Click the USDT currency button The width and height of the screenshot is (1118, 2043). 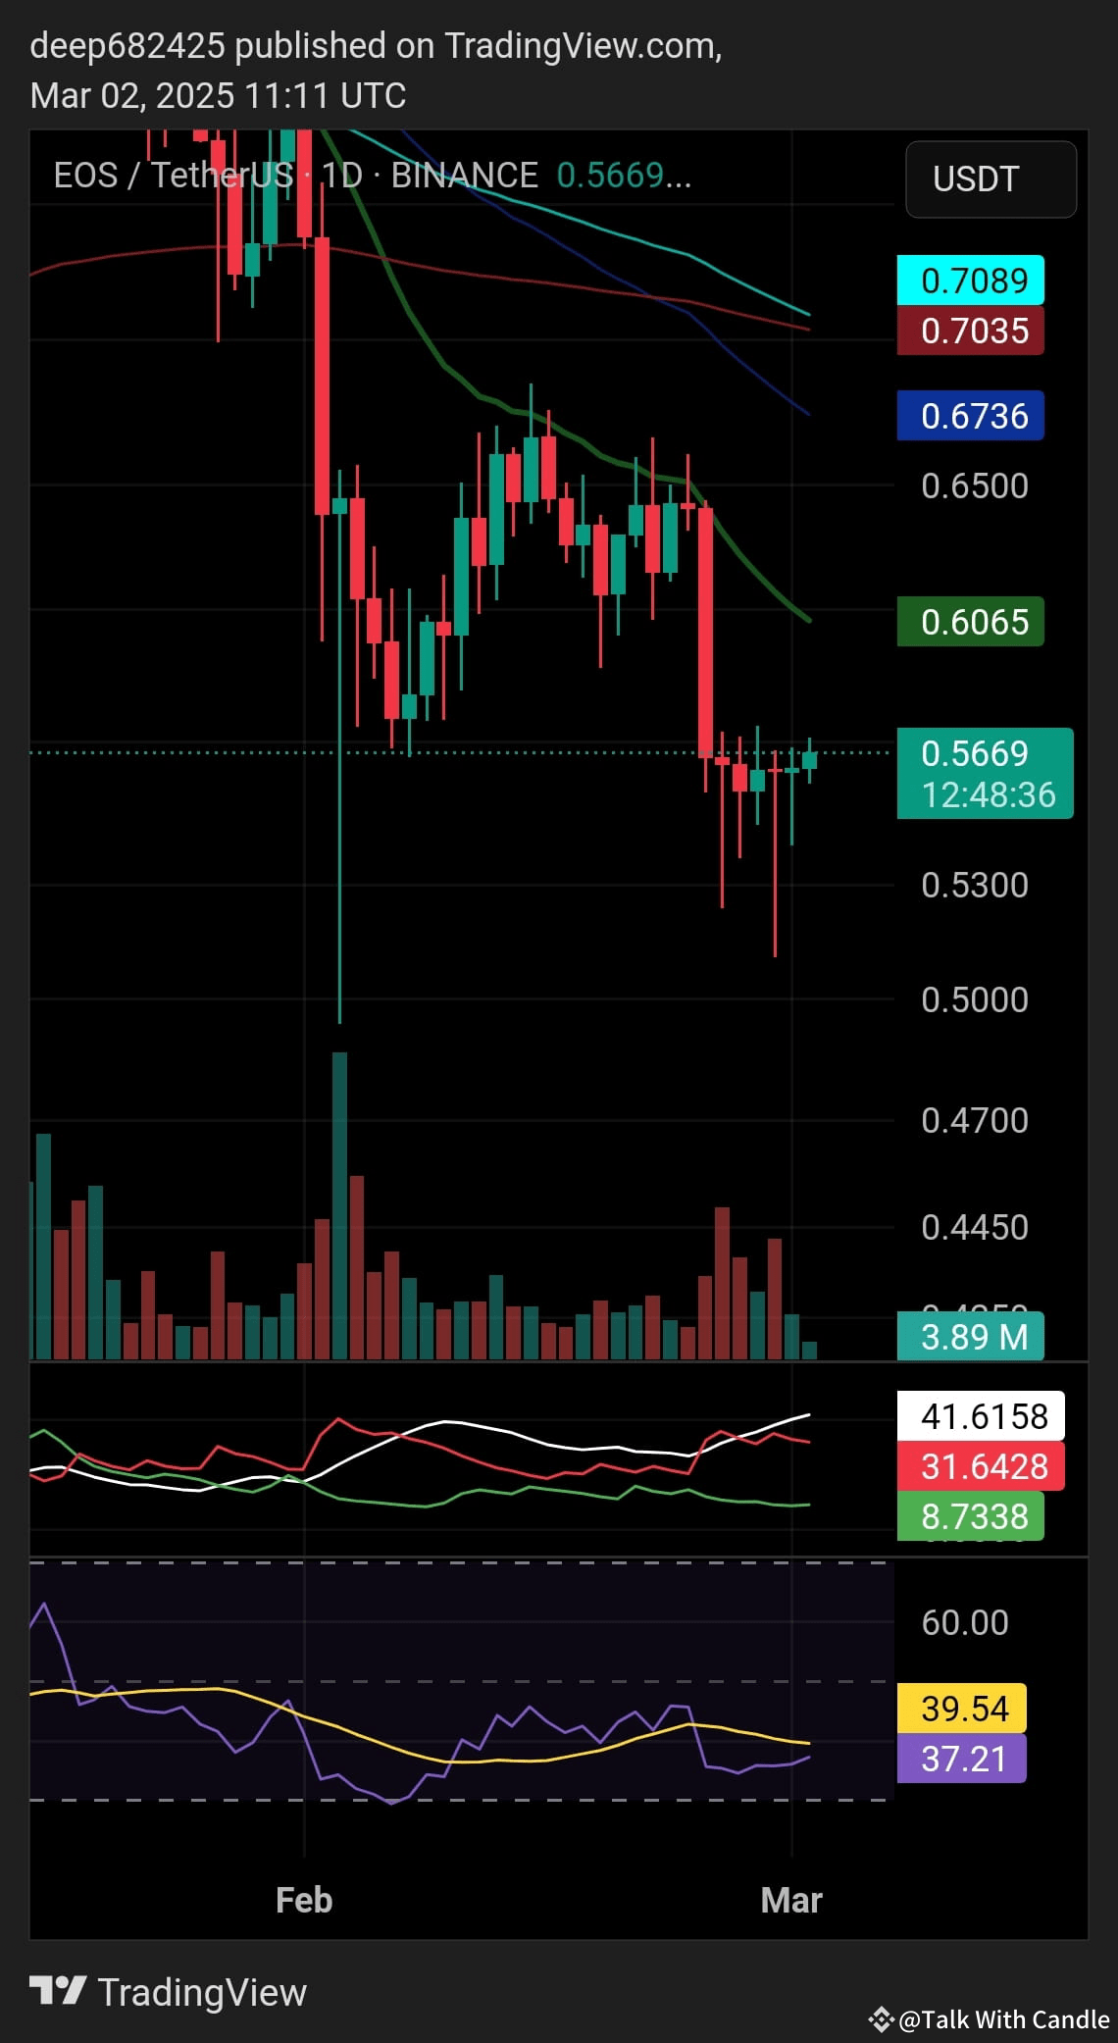(x=991, y=179)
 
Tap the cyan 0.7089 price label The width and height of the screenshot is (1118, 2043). (x=971, y=281)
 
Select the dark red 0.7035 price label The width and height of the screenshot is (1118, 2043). (x=971, y=331)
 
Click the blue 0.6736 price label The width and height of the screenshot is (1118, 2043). (x=971, y=416)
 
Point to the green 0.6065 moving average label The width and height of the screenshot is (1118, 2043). (x=971, y=622)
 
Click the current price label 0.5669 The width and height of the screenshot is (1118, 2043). (x=985, y=754)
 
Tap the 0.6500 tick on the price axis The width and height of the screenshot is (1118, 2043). (x=975, y=485)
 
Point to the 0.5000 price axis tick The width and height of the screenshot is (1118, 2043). (x=975, y=999)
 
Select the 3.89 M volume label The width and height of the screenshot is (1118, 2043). (x=971, y=1337)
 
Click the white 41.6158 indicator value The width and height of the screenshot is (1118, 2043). (x=981, y=1416)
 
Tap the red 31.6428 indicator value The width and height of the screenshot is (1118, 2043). (x=981, y=1466)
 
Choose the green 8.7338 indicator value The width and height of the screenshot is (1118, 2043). (x=971, y=1516)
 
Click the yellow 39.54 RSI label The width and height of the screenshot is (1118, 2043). (x=962, y=1709)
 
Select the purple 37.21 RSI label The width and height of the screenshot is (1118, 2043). (x=962, y=1759)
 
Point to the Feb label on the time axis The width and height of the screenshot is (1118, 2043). (x=304, y=1900)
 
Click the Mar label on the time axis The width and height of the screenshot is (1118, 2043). (x=791, y=1900)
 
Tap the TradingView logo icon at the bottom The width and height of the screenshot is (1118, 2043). (x=58, y=1990)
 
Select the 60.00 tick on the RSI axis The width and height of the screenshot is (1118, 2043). (x=965, y=1622)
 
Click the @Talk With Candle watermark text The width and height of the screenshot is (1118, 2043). (x=1002, y=2018)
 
